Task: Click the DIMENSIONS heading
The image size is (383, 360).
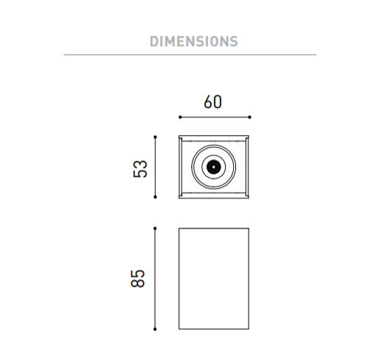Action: coord(194,41)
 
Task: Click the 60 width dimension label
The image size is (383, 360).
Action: coord(212,101)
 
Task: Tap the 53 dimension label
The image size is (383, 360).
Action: coord(140,169)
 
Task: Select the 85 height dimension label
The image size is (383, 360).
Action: coord(137,278)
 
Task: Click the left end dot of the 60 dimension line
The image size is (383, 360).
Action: coord(180,117)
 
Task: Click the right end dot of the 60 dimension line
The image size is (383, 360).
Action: coord(249,117)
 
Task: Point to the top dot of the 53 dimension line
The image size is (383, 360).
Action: coord(155,137)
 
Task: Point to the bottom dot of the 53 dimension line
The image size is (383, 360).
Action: coord(155,197)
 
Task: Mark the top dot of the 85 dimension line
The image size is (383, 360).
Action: coord(155,228)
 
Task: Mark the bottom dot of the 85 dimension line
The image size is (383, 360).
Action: coord(155,329)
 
